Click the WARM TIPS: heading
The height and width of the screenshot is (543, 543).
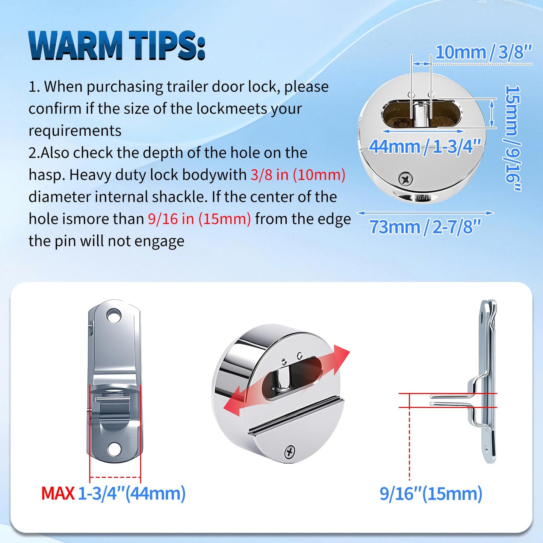(117, 46)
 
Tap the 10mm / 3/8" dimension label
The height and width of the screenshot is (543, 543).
(484, 52)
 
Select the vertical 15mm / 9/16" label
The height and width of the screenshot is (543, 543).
(513, 138)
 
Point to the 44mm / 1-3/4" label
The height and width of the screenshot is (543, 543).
(425, 146)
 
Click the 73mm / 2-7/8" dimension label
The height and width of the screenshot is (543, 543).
(425, 227)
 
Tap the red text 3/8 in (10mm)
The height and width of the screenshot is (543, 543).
(298, 175)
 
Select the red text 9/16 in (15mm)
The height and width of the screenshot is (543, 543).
(199, 219)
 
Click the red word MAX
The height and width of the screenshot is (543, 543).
(58, 493)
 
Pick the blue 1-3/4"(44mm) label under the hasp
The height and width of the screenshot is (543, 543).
(132, 493)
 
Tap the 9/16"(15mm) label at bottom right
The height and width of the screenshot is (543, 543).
(431, 493)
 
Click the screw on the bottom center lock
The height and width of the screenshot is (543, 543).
(289, 452)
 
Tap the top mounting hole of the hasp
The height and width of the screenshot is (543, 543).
(114, 316)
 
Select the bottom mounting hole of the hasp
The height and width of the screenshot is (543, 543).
(115, 448)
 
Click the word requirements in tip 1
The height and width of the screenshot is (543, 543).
(75, 131)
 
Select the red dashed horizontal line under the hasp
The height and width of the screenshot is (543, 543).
(115, 477)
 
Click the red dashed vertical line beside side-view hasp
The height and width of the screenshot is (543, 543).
(410, 443)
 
